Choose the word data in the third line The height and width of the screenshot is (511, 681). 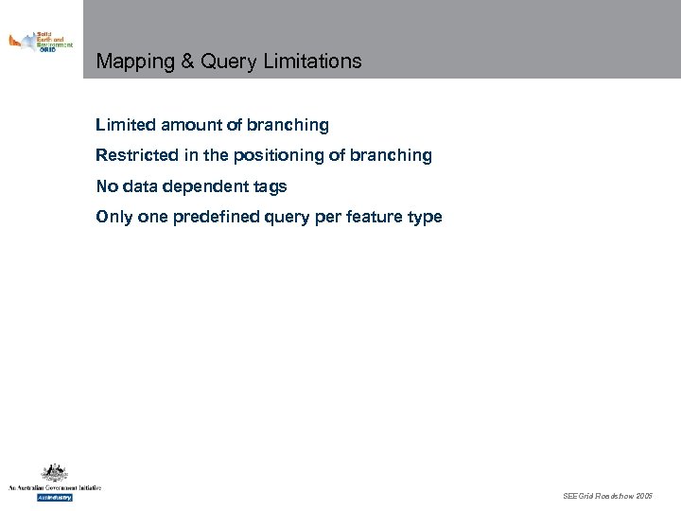pos(139,186)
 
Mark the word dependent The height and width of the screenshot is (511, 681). pos(205,186)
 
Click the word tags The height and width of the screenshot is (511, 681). pos(270,186)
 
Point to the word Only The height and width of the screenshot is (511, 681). pos(112,217)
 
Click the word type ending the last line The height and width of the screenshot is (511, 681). pos(425,217)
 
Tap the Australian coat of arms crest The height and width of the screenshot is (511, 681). pos(54,473)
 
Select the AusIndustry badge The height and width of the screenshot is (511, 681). pos(55,497)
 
